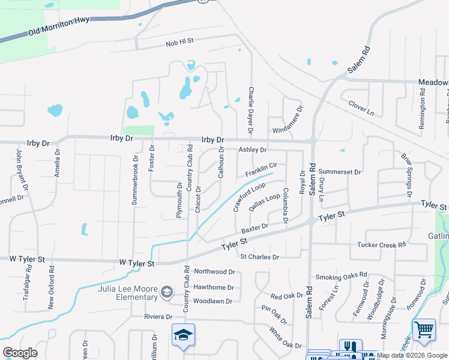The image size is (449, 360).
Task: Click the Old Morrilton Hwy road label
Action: (x=59, y=28)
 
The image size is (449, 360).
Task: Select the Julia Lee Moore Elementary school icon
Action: (x=167, y=293)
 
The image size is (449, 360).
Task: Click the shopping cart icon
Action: (x=424, y=329)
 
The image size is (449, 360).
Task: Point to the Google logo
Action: (x=20, y=353)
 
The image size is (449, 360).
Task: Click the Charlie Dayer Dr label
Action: (x=251, y=110)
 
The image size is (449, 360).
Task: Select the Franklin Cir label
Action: (x=261, y=170)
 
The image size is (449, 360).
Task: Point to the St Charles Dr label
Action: (x=260, y=257)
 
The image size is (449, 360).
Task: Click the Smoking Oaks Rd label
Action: (x=341, y=277)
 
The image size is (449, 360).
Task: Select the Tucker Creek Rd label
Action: (x=382, y=245)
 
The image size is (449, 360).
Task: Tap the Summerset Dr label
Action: (x=340, y=172)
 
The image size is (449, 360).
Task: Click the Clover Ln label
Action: (x=361, y=108)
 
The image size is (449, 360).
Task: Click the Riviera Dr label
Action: (x=158, y=316)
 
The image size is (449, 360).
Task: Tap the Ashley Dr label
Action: (x=252, y=150)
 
